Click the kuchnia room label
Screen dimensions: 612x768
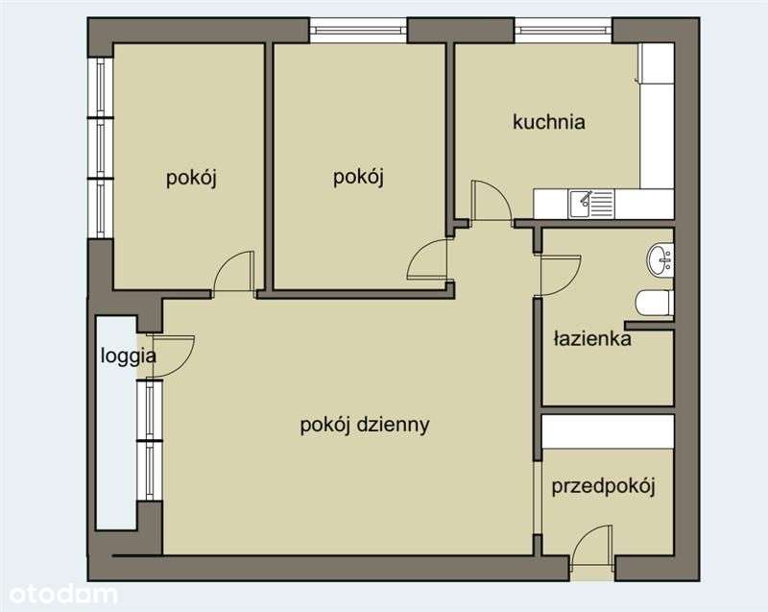[x=548, y=122]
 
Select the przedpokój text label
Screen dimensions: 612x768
[x=603, y=486]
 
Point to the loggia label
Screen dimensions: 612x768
[x=129, y=355]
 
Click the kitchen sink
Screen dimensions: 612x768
[x=583, y=202]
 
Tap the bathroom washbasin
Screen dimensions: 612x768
[x=660, y=258]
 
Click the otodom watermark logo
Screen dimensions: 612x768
[x=60, y=594]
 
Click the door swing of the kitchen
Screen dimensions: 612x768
[x=491, y=201]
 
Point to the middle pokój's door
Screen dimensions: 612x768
[x=428, y=259]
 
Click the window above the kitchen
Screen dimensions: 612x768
[x=564, y=30]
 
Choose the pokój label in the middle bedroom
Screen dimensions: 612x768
[x=358, y=177]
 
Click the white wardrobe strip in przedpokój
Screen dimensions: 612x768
[x=608, y=431]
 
